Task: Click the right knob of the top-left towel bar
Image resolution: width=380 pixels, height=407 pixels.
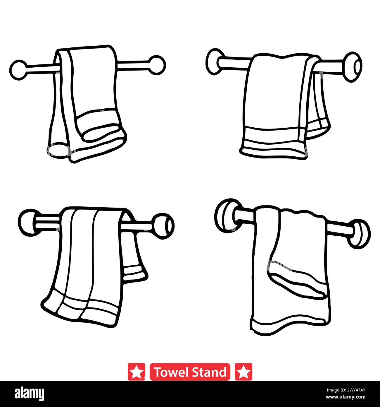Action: click(x=157, y=65)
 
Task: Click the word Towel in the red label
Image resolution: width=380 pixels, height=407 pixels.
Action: click(x=170, y=372)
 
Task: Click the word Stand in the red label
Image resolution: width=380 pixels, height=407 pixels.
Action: click(x=209, y=372)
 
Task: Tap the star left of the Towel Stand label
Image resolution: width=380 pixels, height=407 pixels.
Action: click(x=136, y=372)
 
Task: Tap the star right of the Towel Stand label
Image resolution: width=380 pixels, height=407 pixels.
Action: click(x=243, y=372)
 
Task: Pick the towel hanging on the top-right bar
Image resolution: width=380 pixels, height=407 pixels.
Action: click(x=275, y=102)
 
